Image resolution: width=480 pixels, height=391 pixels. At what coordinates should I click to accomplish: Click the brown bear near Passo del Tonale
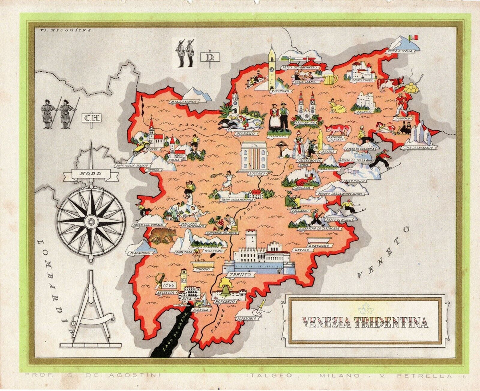[162, 235]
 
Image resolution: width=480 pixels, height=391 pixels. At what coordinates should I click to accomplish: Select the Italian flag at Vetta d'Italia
[414, 37]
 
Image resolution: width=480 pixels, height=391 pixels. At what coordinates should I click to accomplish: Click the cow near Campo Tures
[392, 84]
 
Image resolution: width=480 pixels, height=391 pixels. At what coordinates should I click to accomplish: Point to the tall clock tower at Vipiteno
[272, 68]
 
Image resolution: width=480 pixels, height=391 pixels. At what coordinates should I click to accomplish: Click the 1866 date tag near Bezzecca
[170, 285]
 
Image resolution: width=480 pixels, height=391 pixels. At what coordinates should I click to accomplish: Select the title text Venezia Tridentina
[365, 322]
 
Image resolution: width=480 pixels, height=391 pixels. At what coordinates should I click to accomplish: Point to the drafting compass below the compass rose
[91, 308]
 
